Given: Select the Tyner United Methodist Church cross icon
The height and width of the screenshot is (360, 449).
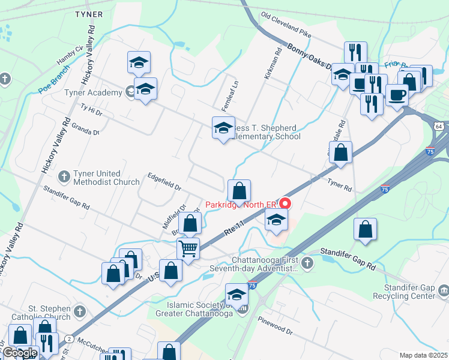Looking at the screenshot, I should pyautogui.click(x=64, y=177).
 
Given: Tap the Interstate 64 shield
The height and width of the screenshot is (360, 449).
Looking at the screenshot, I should pyautogui.click(x=439, y=126).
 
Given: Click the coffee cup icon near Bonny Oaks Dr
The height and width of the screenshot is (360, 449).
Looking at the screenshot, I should pyautogui.click(x=397, y=94).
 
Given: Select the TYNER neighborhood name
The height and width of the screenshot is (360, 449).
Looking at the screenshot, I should pyautogui.click(x=89, y=14).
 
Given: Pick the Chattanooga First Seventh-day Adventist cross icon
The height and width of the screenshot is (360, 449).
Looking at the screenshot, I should pyautogui.click(x=307, y=263).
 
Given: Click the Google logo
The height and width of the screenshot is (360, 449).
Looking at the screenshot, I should pyautogui.click(x=20, y=353).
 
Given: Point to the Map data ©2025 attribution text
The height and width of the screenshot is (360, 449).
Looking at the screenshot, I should pyautogui.click(x=423, y=355).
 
